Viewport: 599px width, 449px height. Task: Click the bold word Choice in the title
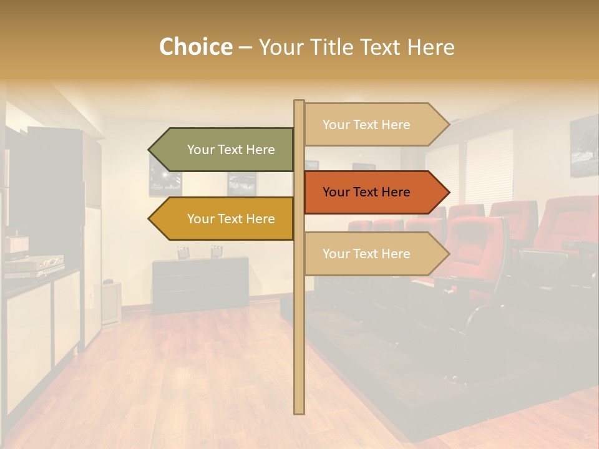pyautogui.click(x=195, y=47)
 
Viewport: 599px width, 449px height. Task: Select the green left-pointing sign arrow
pyautogui.click(x=225, y=150)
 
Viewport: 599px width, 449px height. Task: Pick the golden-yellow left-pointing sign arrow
pyautogui.click(x=225, y=219)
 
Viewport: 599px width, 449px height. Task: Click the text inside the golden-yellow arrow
pyautogui.click(x=231, y=219)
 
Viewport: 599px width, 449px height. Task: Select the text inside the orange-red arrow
pyautogui.click(x=366, y=192)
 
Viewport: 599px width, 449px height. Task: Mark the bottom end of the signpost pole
pyautogui.click(x=299, y=411)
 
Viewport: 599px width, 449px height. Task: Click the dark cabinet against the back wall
pyautogui.click(x=200, y=284)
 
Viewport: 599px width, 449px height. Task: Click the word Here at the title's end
pyautogui.click(x=432, y=47)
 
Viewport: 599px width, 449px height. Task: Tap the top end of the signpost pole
pyautogui.click(x=299, y=102)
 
